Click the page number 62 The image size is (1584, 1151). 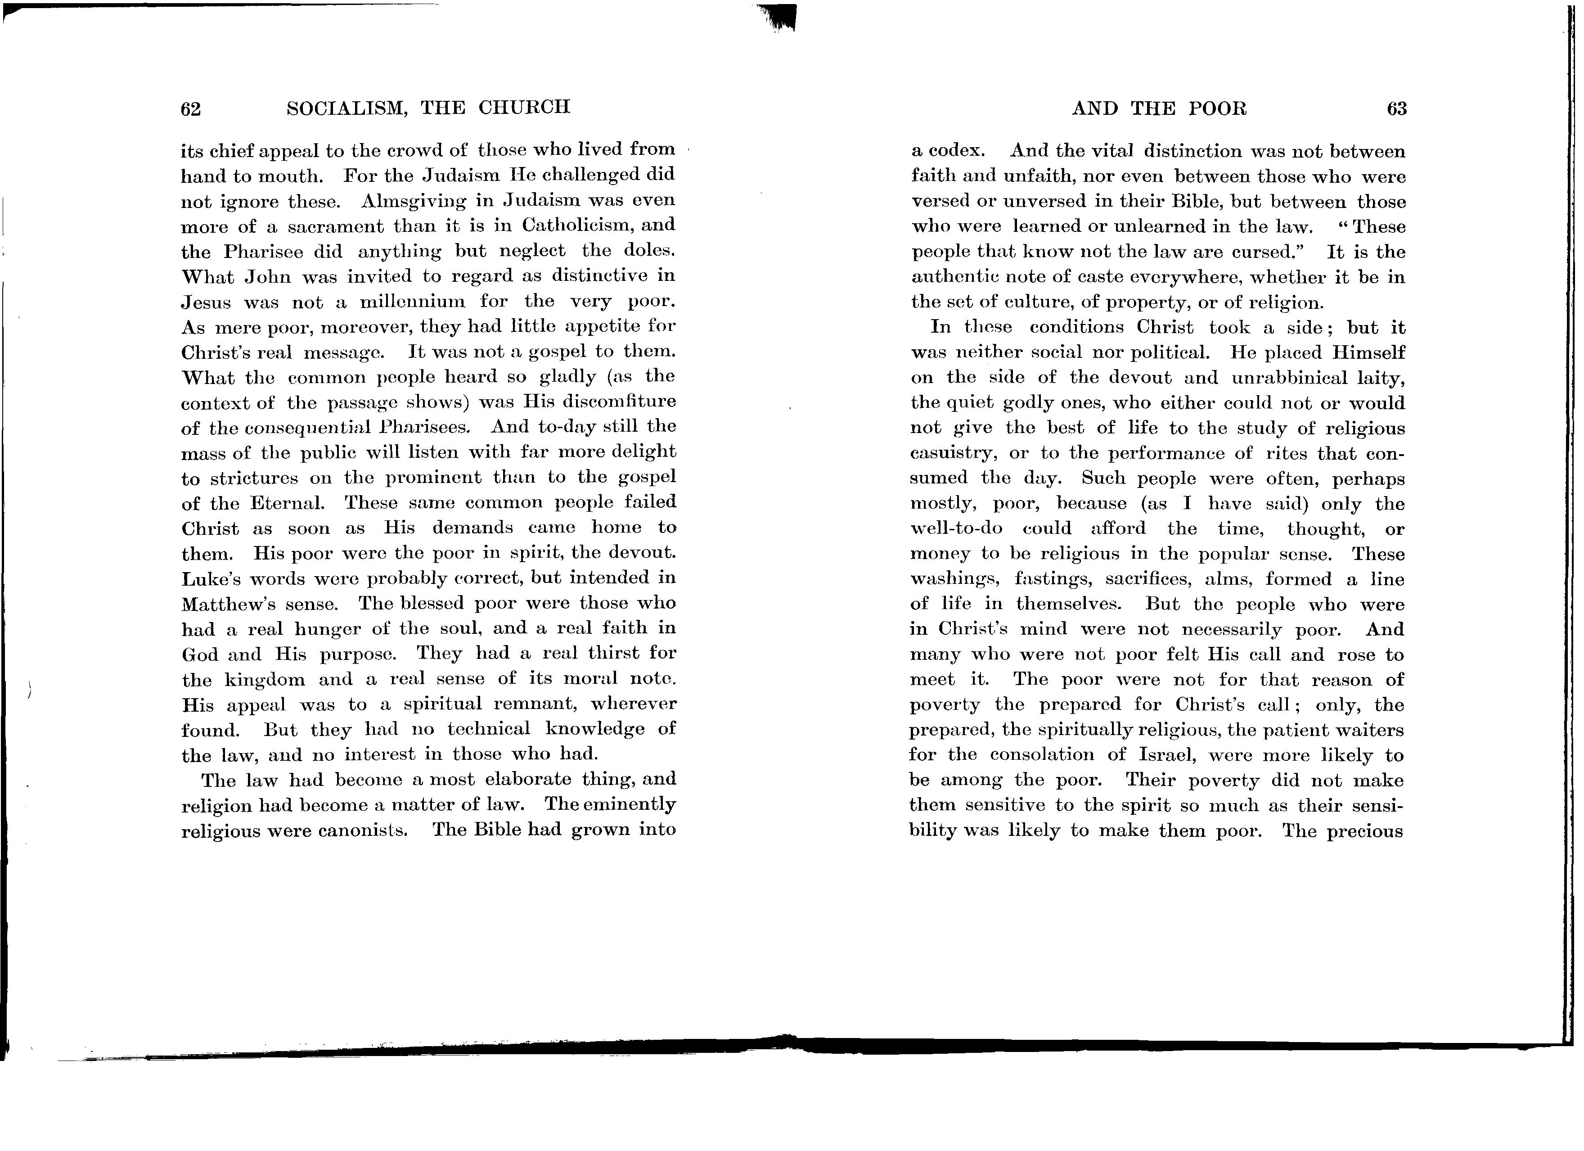pos(191,109)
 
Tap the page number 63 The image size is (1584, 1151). pos(1396,109)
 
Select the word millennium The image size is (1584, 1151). pos(412,302)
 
